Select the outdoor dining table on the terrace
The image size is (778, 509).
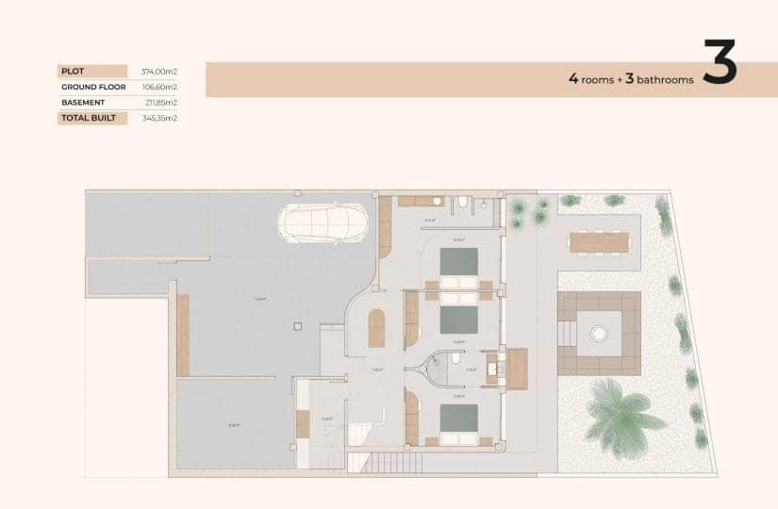point(600,242)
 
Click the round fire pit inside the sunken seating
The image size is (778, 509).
point(599,333)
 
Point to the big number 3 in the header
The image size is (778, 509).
point(719,63)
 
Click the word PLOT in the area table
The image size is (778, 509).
point(72,71)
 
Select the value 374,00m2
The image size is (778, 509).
point(158,71)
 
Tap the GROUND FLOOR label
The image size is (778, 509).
point(93,87)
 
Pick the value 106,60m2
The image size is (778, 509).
point(158,87)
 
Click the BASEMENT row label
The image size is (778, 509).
point(83,102)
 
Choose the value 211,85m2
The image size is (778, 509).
point(158,102)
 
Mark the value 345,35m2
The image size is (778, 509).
point(158,118)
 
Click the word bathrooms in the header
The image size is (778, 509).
point(665,80)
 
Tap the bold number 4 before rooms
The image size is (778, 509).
point(573,79)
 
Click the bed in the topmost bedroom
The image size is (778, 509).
point(459,264)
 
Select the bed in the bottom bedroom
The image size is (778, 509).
point(459,421)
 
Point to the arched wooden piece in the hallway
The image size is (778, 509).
point(376,328)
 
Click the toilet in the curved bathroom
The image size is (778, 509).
point(455,359)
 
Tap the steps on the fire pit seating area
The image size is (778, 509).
point(567,334)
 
